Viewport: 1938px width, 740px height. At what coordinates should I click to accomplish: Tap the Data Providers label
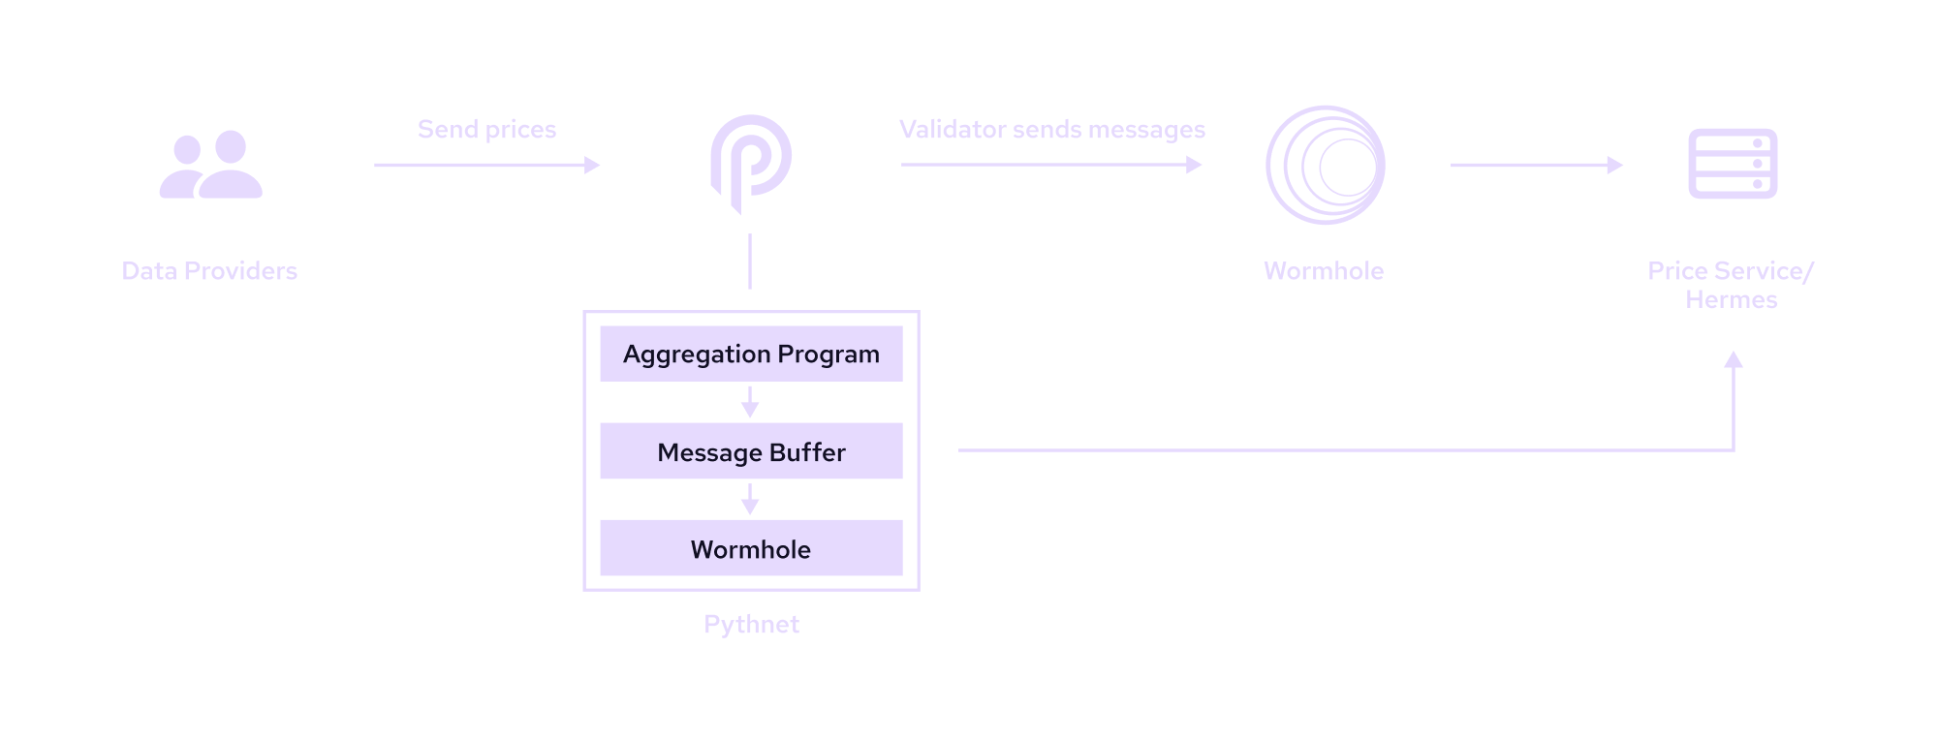click(x=209, y=271)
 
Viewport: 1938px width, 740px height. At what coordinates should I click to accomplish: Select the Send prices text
click(x=486, y=130)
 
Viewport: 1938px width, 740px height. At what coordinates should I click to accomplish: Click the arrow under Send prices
click(x=486, y=166)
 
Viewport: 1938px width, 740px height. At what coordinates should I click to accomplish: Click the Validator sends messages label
click(x=1051, y=130)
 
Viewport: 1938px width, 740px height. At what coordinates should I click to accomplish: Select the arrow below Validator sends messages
click(x=1051, y=166)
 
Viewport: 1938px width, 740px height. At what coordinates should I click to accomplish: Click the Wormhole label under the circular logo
click(x=1324, y=271)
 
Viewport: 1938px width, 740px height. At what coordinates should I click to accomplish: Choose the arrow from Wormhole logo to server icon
click(x=1536, y=166)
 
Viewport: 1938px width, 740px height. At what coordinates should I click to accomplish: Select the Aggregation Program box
click(x=751, y=354)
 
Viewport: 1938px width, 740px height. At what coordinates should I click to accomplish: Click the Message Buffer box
click(x=751, y=451)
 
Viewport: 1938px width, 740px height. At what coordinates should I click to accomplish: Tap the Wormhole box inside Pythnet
click(x=751, y=548)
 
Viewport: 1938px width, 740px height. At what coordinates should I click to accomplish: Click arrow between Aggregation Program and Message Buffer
click(x=750, y=402)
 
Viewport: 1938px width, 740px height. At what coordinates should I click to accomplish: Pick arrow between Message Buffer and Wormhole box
click(x=750, y=500)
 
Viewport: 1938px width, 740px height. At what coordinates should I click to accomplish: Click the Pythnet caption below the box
click(x=751, y=625)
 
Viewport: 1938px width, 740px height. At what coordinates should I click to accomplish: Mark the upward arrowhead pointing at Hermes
click(x=1734, y=360)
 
